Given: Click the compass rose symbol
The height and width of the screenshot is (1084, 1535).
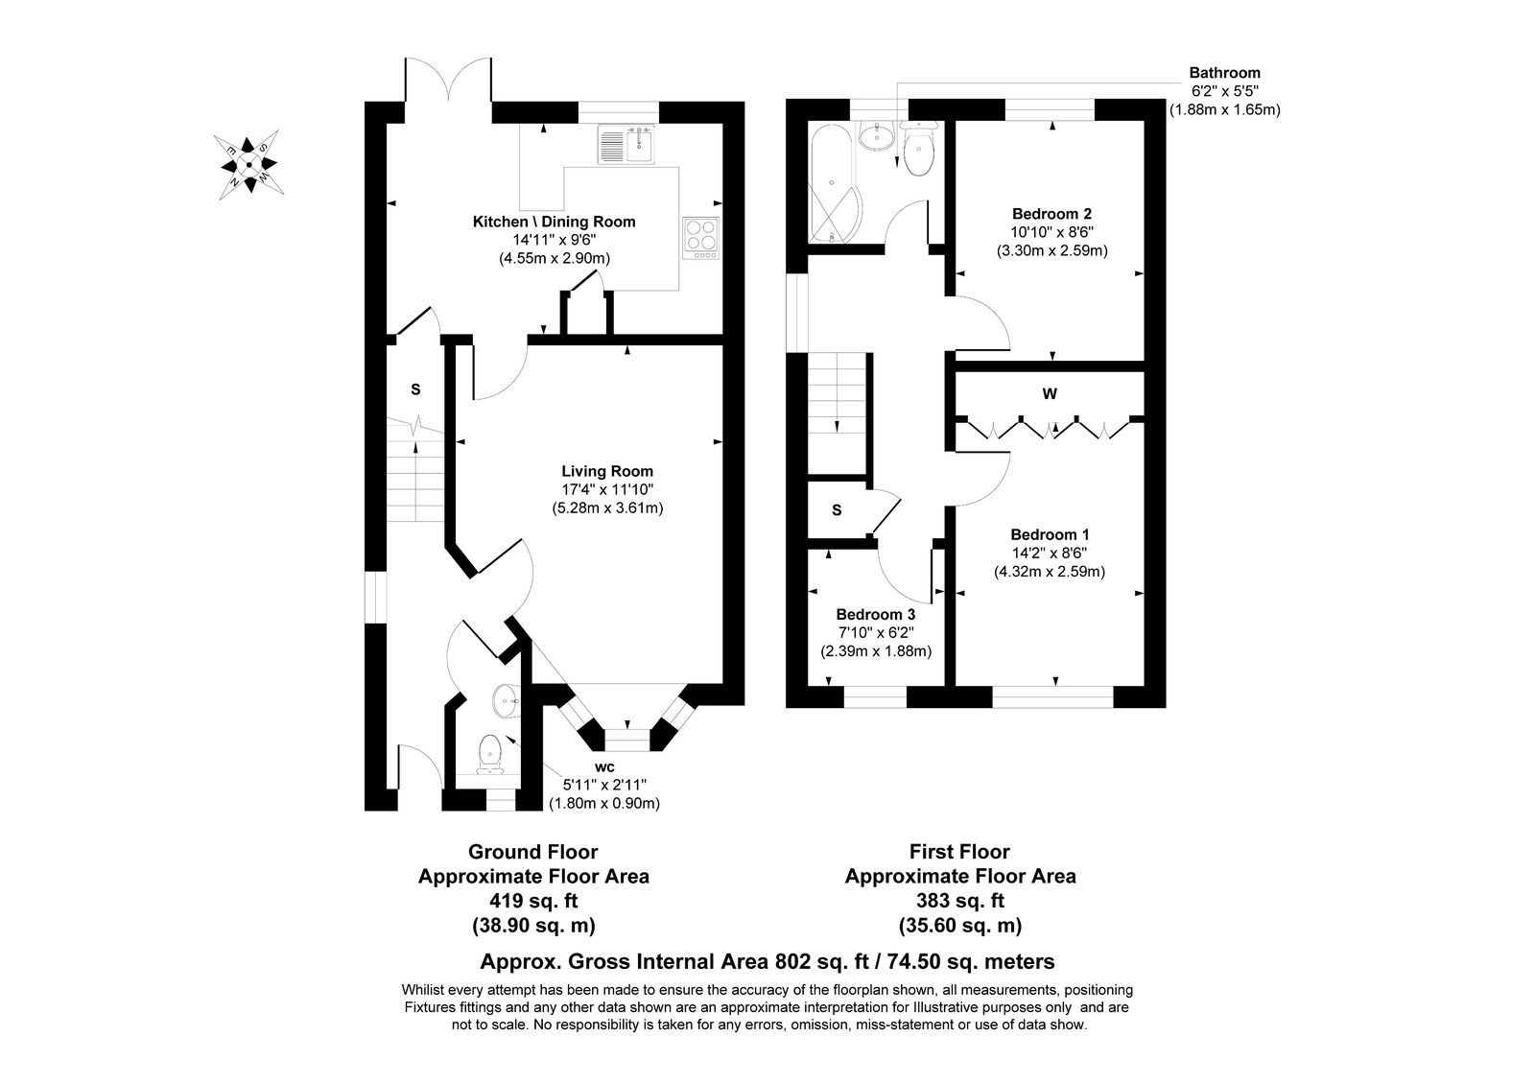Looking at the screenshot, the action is [x=248, y=164].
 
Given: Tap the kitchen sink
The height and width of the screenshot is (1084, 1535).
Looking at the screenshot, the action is [x=626, y=145].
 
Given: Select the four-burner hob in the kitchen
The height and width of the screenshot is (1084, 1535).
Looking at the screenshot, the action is [x=701, y=238].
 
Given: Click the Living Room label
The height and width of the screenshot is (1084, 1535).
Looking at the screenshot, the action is [x=607, y=471].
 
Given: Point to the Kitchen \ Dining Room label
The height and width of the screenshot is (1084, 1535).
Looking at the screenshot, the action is [x=555, y=222].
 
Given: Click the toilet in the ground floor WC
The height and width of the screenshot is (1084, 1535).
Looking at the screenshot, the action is [x=490, y=754].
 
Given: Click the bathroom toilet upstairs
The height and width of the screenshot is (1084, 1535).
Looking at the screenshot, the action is [x=918, y=148].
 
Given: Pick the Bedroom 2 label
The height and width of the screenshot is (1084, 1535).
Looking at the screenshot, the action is [x=1051, y=214].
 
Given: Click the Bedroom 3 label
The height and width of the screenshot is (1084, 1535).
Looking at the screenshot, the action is [x=876, y=615].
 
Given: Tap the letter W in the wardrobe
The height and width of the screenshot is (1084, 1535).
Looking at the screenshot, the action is [x=1050, y=394].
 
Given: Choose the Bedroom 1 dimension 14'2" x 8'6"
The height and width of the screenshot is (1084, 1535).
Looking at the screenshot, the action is [x=1050, y=553].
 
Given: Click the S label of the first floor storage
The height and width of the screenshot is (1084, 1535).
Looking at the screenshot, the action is [x=837, y=509].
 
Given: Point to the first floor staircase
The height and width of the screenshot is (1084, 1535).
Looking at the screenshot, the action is [x=838, y=413].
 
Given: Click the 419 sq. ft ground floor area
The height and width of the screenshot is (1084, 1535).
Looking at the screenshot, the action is [x=533, y=901].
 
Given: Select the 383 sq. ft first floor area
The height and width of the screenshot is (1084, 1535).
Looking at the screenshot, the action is [x=960, y=901].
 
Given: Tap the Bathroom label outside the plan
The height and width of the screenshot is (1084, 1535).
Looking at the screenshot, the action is [x=1224, y=73].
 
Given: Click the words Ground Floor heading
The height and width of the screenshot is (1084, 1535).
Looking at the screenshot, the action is [x=533, y=852].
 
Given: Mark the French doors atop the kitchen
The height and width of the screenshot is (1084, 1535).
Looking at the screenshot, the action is [x=449, y=81].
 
